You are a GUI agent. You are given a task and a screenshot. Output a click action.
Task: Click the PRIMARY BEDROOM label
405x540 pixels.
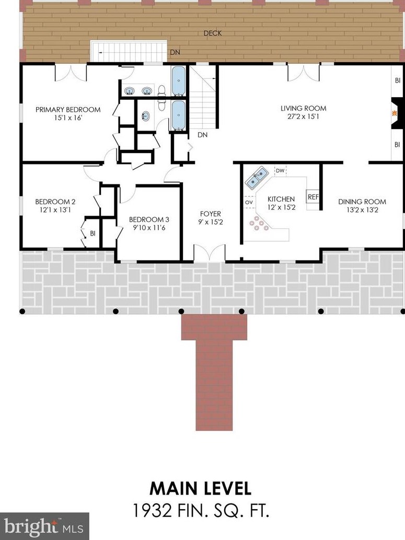(68, 110)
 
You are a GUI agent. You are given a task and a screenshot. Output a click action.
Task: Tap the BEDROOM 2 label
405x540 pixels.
(55, 202)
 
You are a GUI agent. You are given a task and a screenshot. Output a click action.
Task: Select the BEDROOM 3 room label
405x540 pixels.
(149, 219)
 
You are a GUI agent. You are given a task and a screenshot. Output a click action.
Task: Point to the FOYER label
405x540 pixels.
(211, 214)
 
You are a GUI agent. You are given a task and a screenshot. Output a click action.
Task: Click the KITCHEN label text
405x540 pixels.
(281, 199)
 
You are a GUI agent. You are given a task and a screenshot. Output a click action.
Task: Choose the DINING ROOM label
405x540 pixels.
(362, 202)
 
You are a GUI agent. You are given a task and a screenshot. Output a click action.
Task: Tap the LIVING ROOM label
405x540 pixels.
(303, 108)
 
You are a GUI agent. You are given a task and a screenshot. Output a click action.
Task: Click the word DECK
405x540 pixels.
(213, 33)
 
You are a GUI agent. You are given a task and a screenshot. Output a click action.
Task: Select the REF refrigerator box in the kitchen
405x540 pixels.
(313, 197)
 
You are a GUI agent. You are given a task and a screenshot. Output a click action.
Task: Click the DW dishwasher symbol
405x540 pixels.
(280, 170)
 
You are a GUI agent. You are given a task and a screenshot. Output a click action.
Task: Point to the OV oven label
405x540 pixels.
(249, 203)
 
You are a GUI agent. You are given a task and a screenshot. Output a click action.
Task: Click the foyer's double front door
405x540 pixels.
(210, 253)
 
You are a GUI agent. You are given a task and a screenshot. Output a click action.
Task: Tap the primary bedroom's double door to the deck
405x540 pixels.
(71, 73)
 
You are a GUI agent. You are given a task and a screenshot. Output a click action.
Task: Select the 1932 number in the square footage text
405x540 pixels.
(152, 511)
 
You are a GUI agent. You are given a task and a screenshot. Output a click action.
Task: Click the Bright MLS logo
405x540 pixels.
(44, 526)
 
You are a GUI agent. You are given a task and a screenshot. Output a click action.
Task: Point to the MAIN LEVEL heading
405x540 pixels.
(201, 488)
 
